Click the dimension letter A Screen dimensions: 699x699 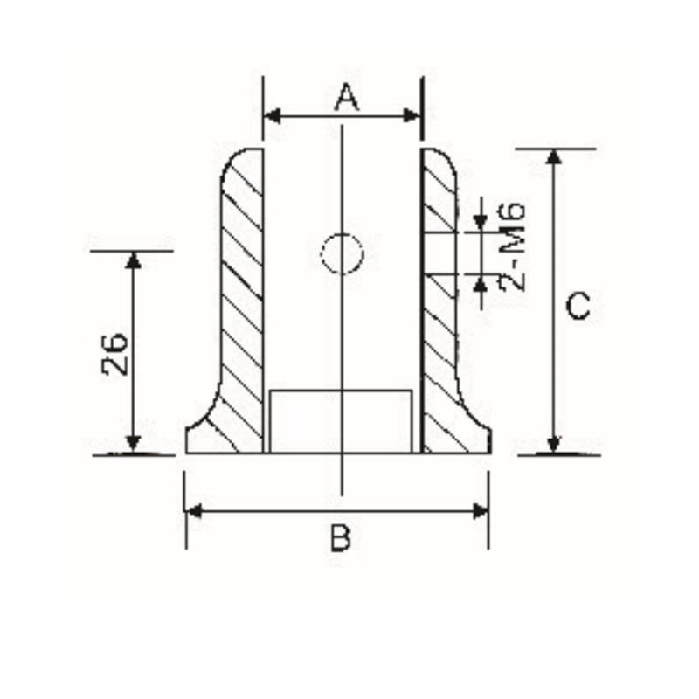click(347, 98)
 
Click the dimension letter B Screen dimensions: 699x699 click(341, 538)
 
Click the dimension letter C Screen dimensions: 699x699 click(578, 307)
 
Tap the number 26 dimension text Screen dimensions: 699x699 click(115, 353)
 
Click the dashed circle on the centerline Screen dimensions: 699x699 click(342, 253)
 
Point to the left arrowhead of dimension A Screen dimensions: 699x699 click(272, 115)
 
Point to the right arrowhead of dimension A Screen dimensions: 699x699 click(414, 115)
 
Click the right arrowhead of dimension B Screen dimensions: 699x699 click(480, 510)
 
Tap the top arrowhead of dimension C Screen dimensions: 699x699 click(553, 157)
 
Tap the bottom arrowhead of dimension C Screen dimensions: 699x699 click(553, 445)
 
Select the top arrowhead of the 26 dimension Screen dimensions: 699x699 click(133, 260)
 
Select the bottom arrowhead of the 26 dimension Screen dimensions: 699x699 click(133, 445)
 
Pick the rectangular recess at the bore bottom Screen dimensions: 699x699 click(341, 421)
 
